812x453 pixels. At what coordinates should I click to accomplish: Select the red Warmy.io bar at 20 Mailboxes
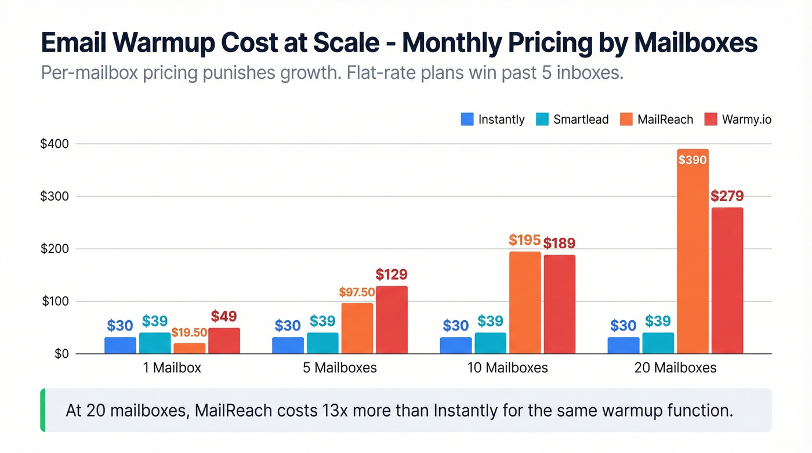(727, 281)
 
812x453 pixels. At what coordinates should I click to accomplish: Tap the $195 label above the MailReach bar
(524, 240)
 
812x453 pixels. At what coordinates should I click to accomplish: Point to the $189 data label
(559, 243)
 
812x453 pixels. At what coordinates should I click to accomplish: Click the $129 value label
(391, 274)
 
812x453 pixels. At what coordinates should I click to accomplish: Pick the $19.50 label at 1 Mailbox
(189, 332)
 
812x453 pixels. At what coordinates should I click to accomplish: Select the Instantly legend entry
(492, 119)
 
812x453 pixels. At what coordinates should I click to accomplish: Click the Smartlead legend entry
(572, 119)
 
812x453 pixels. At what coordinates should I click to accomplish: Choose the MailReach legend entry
(656, 119)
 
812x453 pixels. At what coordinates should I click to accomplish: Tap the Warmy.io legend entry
(737, 119)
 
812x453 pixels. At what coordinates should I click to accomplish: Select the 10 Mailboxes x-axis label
(507, 368)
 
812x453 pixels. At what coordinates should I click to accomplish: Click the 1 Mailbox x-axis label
(172, 368)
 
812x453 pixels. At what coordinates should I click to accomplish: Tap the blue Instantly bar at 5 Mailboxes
(288, 346)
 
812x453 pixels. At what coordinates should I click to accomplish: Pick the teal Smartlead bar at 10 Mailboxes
(490, 343)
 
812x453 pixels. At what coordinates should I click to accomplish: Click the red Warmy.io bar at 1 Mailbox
(224, 341)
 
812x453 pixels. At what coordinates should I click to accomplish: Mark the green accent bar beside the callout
(42, 411)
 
